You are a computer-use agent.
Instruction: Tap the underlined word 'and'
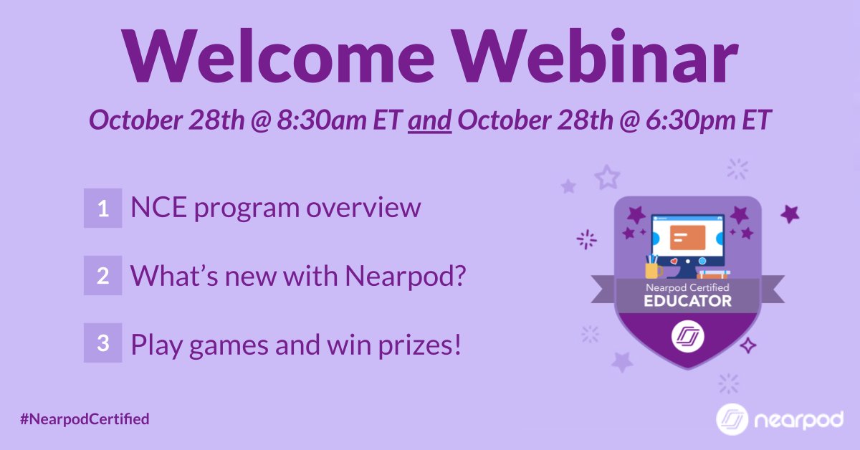coord(429,121)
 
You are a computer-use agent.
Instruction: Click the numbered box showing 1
coord(102,209)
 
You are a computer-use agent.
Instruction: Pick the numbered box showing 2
coord(102,276)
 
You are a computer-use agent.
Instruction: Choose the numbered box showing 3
coord(102,343)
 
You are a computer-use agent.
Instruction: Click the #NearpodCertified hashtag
coord(85,418)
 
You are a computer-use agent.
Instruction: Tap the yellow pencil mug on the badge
coord(653,267)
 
